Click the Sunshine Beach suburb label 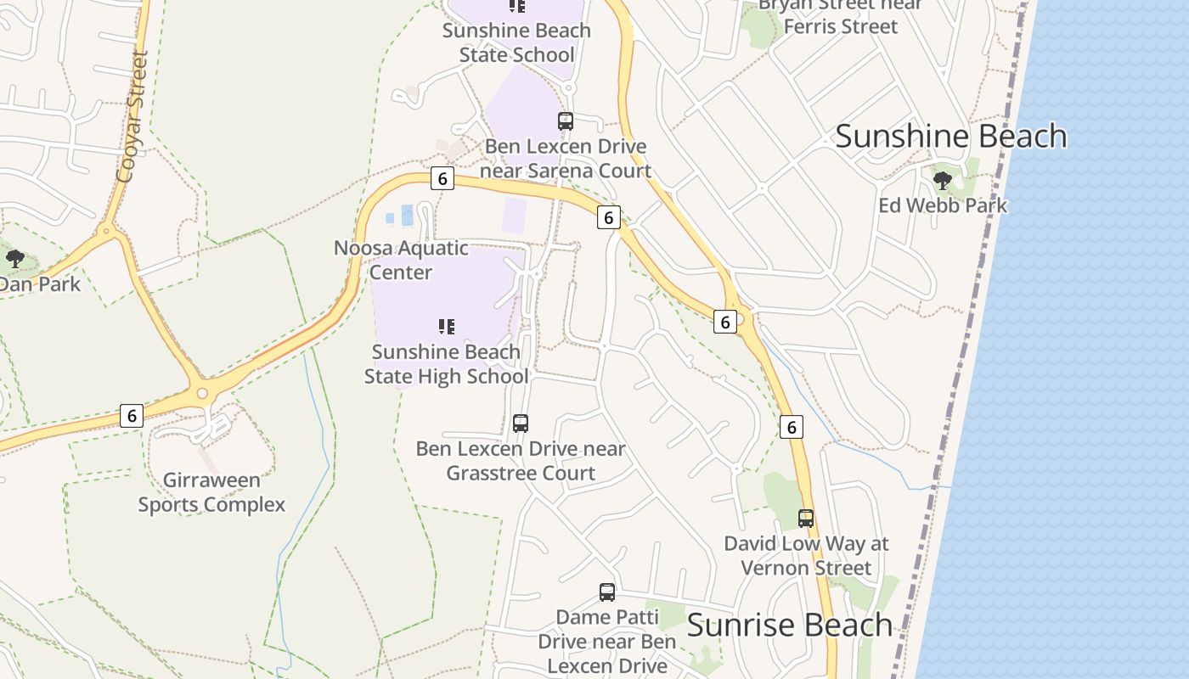(950, 136)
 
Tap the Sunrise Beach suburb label (789, 625)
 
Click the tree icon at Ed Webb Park (942, 180)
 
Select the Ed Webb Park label (943, 205)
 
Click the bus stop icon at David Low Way (805, 518)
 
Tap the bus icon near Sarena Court (566, 121)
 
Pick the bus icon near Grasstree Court (521, 423)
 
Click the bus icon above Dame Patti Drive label (607, 592)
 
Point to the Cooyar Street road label (132, 117)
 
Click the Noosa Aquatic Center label (401, 260)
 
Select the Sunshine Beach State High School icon (447, 327)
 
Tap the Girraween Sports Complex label (211, 492)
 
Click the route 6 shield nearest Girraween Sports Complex (131, 415)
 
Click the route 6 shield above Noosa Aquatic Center (442, 178)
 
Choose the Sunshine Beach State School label (516, 42)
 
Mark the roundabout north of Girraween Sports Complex (201, 393)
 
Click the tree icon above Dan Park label (14, 259)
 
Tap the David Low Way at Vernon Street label (806, 555)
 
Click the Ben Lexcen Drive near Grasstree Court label (521, 460)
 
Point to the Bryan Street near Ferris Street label (840, 15)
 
